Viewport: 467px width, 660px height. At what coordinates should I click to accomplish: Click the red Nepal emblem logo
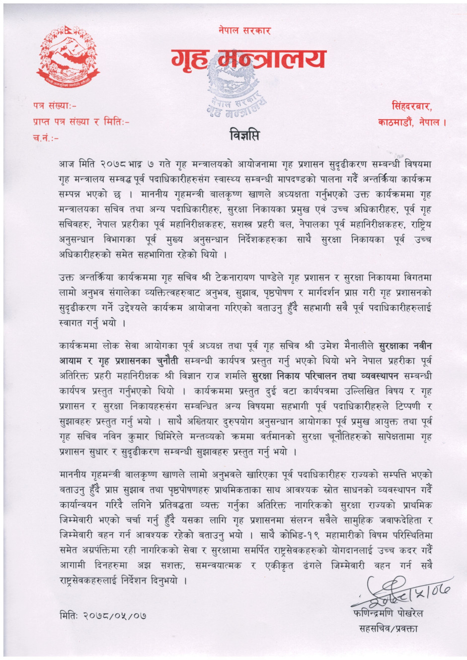pyautogui.click(x=66, y=59)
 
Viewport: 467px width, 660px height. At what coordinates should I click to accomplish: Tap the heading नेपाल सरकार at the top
pyautogui.click(x=244, y=31)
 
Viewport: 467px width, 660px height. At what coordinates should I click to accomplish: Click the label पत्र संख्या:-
pyautogui.click(x=55, y=106)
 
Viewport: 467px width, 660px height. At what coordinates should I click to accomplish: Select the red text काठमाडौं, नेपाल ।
pyautogui.click(x=410, y=122)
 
